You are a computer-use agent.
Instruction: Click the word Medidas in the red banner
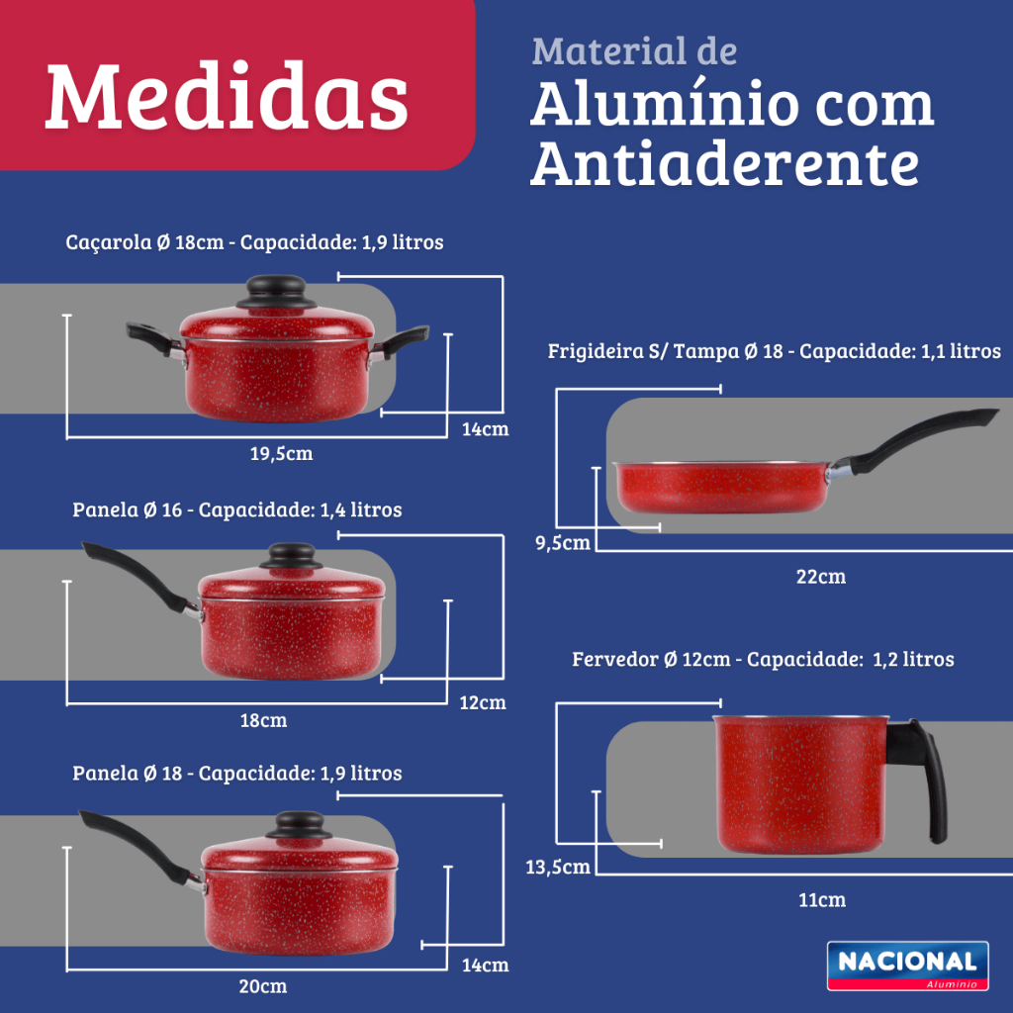tap(227, 96)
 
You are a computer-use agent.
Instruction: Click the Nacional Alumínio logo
tap(908, 966)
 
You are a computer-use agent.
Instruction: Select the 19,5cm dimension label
tap(282, 453)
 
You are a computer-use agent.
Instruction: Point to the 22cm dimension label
tap(821, 577)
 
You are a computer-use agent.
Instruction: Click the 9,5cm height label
tap(563, 543)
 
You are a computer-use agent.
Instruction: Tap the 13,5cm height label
tap(558, 867)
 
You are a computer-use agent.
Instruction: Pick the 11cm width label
tap(822, 900)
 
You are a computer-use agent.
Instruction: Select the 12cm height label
tap(483, 702)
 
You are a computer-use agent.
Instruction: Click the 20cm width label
tap(263, 986)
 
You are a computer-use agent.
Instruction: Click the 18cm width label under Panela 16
tap(263, 720)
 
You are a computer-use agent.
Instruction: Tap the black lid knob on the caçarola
tap(277, 292)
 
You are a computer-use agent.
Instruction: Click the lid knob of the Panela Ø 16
tap(292, 556)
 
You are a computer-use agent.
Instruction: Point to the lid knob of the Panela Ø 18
tap(299, 825)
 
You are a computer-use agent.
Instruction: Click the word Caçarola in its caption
tap(109, 243)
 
